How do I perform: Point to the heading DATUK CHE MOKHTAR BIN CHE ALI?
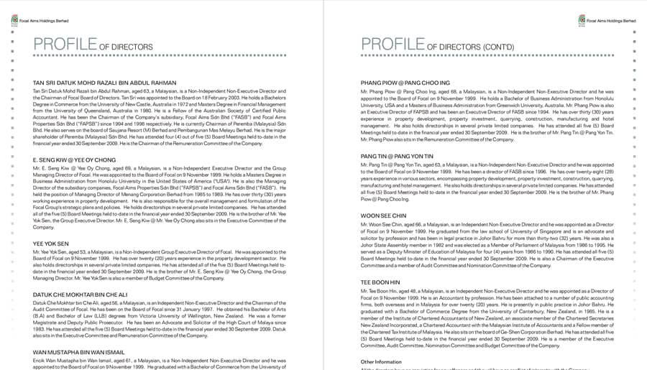tap(80, 295)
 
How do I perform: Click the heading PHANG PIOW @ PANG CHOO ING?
tap(405, 83)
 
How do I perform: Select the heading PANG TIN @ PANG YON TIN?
tap(398, 155)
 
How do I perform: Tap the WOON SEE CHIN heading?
tap(383, 216)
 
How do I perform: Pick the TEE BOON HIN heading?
tap(380, 282)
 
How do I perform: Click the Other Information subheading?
tap(381, 361)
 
